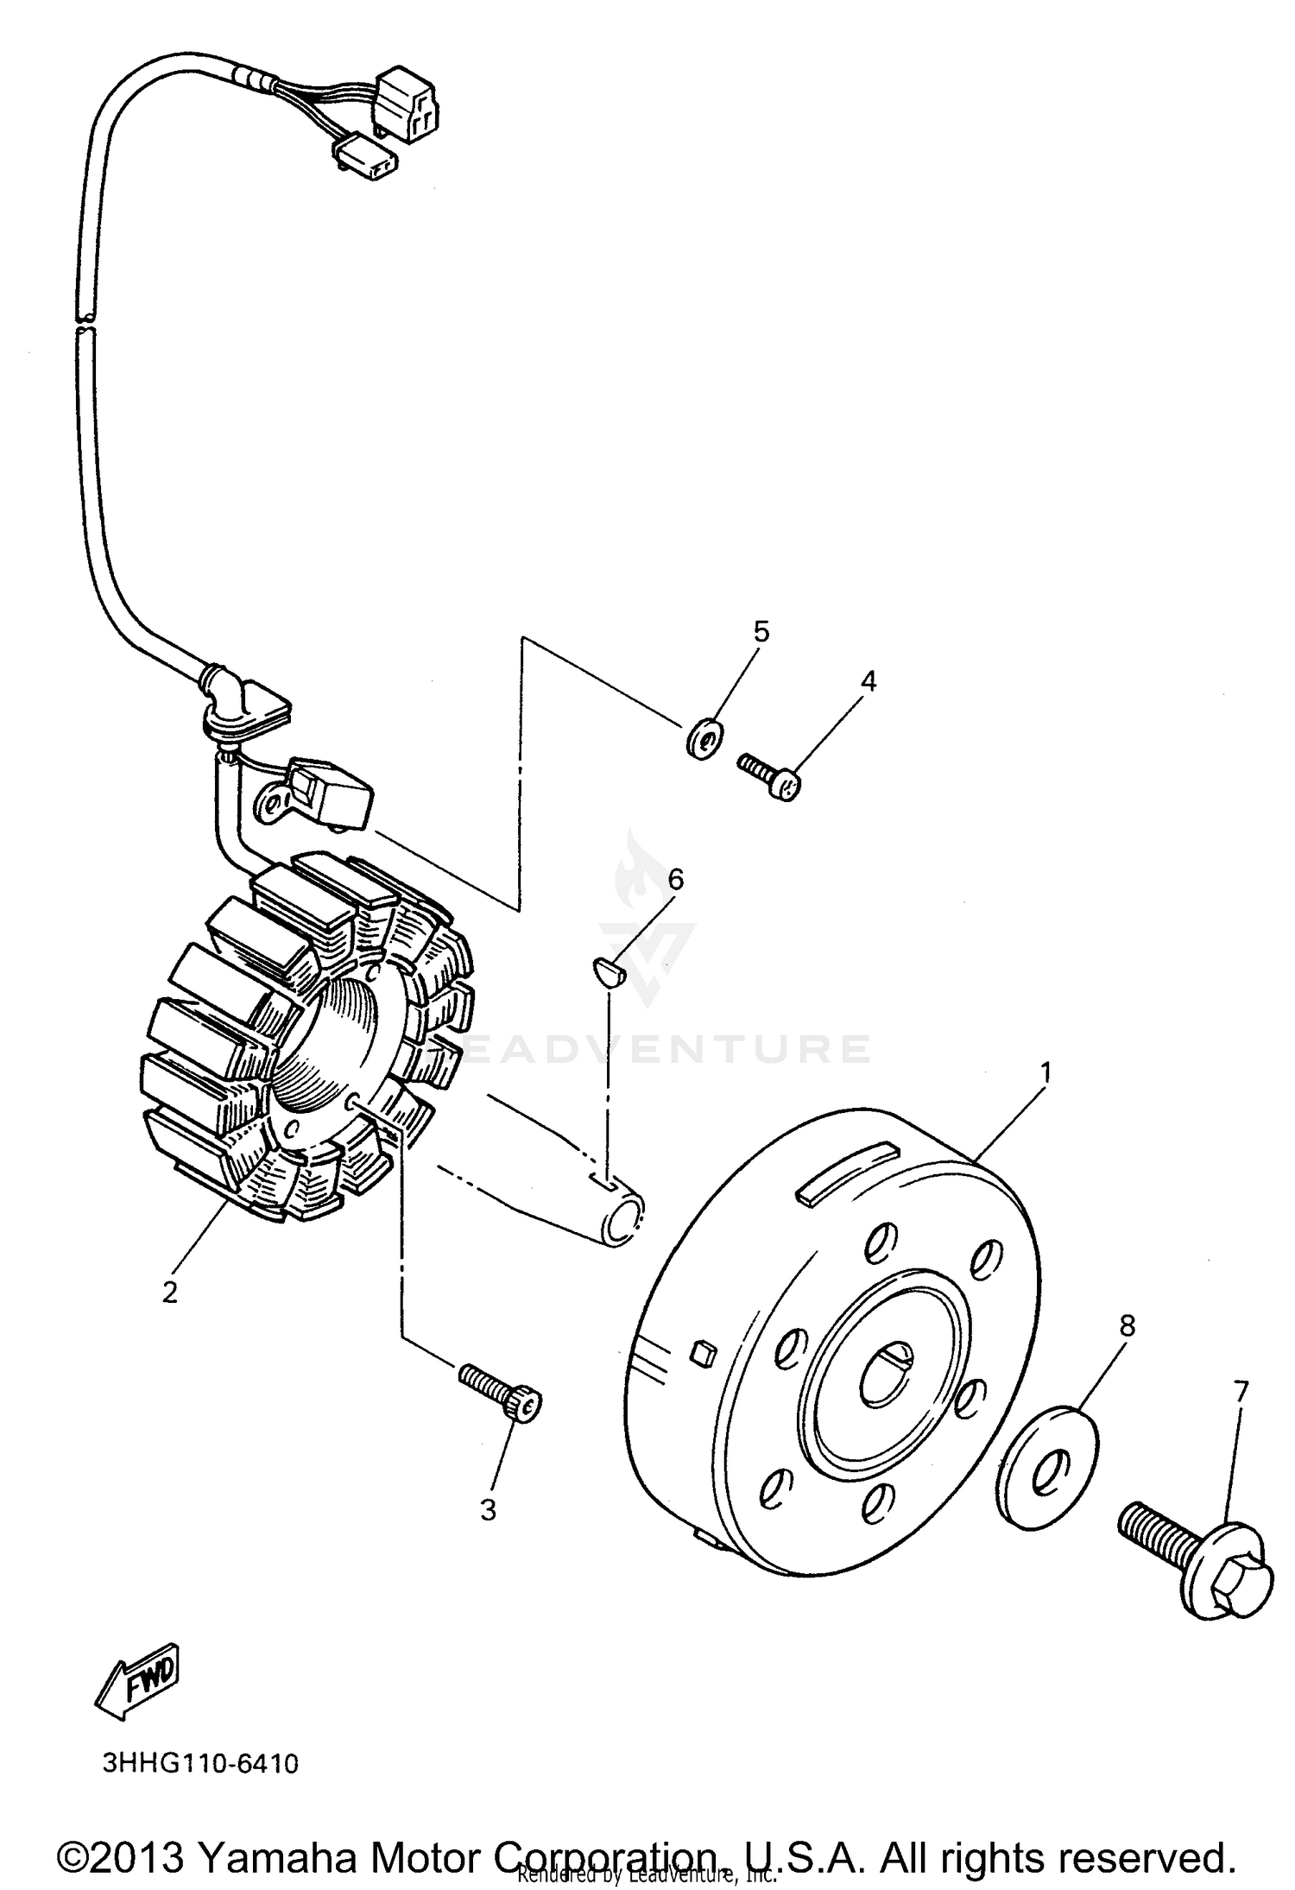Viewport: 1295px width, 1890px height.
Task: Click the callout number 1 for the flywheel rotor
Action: [x=1045, y=1073]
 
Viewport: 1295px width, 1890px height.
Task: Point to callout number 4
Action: [x=869, y=681]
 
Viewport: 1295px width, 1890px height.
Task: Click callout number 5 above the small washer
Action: [x=761, y=632]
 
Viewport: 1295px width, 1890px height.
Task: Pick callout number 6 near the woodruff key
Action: [x=675, y=880]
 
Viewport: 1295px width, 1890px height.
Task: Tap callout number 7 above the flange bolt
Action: [x=1241, y=1392]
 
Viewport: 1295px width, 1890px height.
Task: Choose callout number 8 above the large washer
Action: [x=1127, y=1325]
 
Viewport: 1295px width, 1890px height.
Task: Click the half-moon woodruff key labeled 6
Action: [x=604, y=971]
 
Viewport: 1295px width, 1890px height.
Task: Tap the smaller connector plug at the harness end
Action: [x=365, y=161]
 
